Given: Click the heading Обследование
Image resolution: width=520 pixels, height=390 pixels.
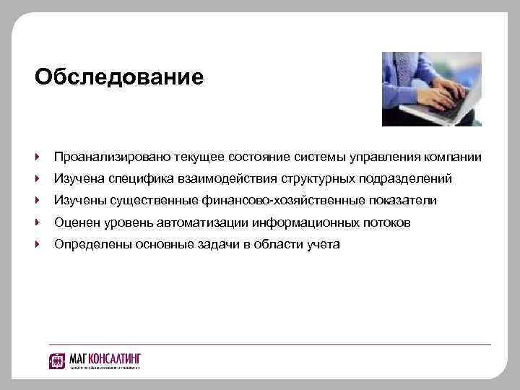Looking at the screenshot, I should tap(119, 77).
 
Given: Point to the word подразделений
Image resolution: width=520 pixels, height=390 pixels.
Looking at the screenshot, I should tap(406, 178).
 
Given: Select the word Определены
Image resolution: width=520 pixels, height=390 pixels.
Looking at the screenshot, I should tap(89, 244).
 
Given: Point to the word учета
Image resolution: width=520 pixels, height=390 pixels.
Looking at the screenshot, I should tap(324, 244).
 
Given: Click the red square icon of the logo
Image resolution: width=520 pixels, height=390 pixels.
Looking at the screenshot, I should tap(58, 360).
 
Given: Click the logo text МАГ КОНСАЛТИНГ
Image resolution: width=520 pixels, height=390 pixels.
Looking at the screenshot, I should tap(105, 358).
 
